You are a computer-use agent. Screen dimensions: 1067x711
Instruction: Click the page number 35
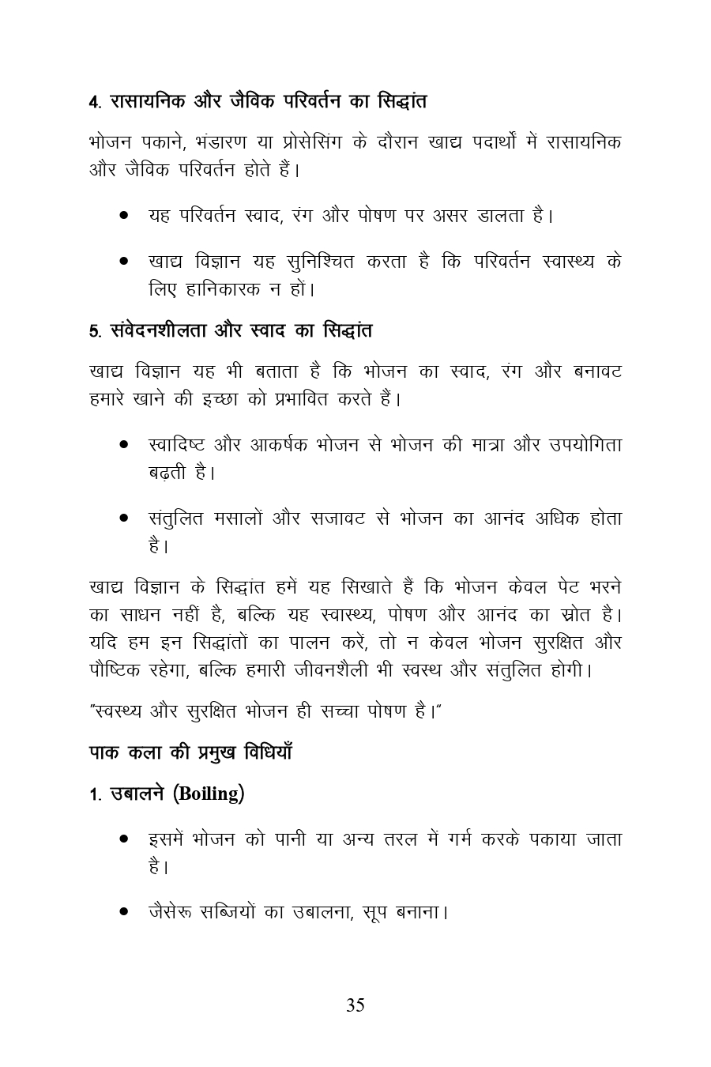(355, 1005)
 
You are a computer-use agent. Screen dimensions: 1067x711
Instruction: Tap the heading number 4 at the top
(93, 102)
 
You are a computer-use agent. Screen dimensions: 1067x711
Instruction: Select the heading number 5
(93, 330)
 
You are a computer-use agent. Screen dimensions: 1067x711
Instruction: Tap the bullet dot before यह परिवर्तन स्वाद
(125, 215)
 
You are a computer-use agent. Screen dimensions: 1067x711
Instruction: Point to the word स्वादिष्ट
(175, 445)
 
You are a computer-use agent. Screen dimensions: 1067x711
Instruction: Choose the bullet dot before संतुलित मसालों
(125, 519)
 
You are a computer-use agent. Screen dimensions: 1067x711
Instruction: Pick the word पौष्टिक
(114, 670)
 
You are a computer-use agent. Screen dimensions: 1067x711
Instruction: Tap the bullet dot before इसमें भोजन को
(125, 839)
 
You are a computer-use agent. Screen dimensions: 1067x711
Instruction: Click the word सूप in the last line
(378, 913)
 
